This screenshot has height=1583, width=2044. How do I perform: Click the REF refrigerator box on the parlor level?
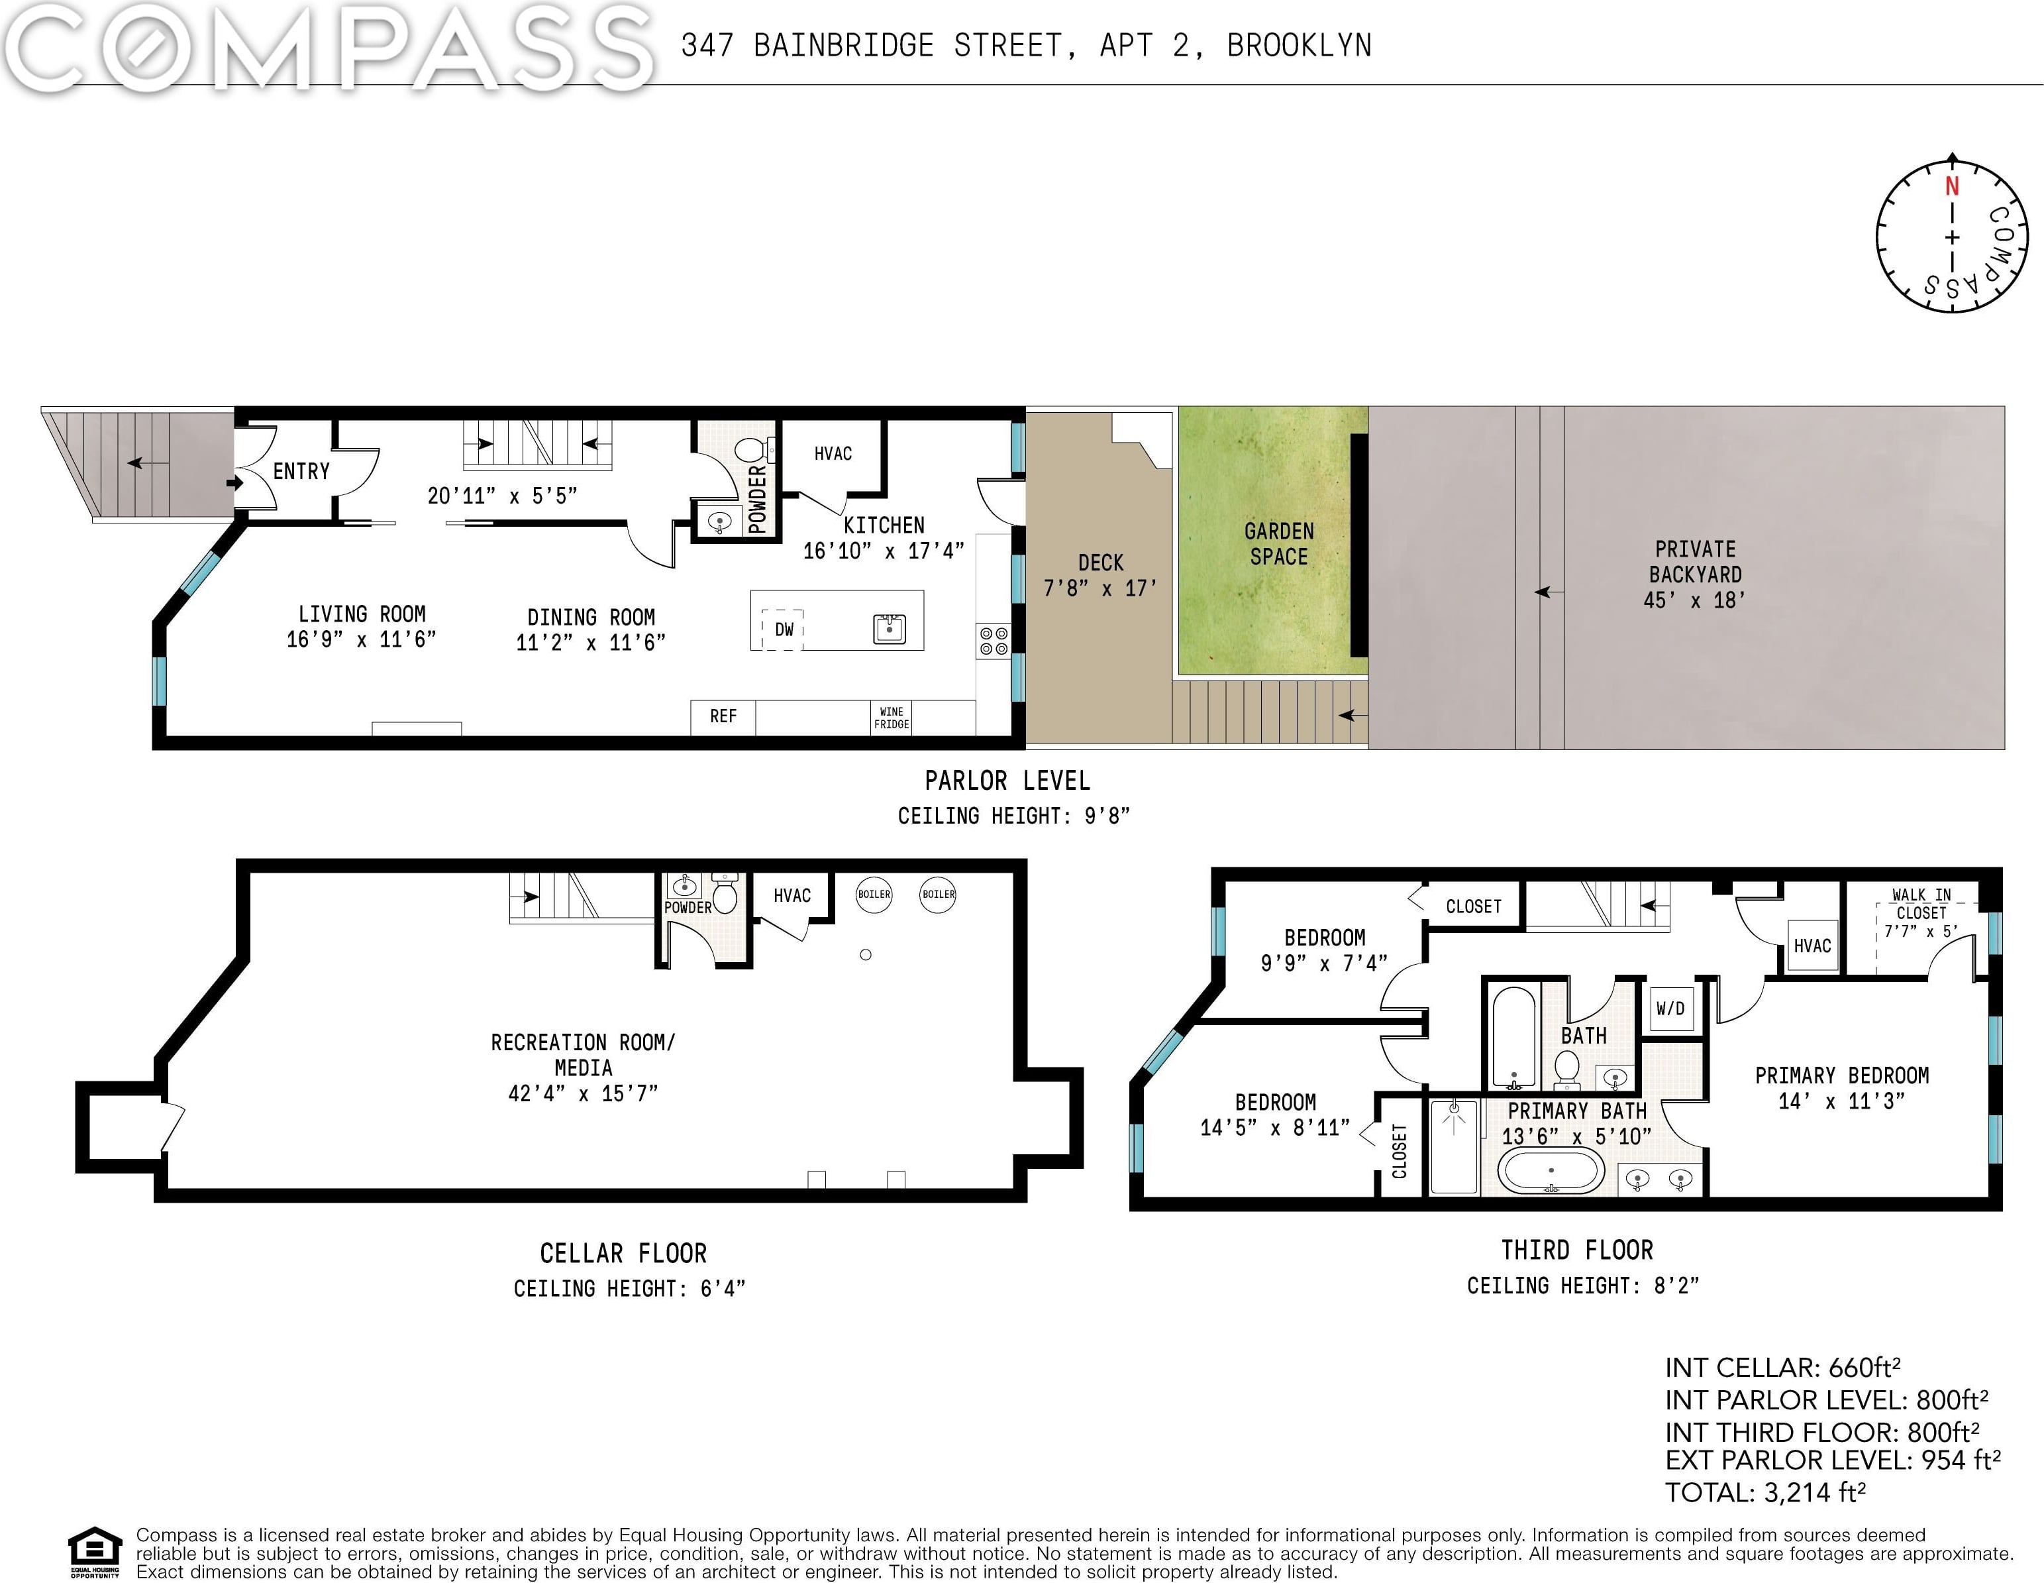click(x=723, y=717)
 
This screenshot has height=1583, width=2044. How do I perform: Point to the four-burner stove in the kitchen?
click(x=994, y=641)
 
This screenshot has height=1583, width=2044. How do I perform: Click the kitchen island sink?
click(x=889, y=629)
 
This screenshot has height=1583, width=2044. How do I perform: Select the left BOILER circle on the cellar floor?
click(x=874, y=894)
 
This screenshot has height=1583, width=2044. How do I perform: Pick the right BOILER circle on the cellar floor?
click(x=938, y=894)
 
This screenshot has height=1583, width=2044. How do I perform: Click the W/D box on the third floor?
click(x=1670, y=1009)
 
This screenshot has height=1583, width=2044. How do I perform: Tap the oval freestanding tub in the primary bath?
click(x=1551, y=1170)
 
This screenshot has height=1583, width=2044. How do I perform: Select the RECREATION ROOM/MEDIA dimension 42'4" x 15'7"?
click(x=583, y=1093)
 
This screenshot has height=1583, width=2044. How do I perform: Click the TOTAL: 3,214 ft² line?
click(x=1765, y=1492)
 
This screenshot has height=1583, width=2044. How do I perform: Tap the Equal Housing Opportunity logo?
click(x=95, y=1553)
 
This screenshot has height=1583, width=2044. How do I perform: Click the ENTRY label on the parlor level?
click(x=301, y=471)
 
